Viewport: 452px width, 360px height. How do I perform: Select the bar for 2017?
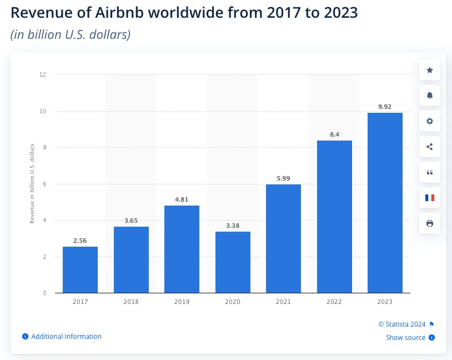[80, 269]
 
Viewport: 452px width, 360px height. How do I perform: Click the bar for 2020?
[233, 262]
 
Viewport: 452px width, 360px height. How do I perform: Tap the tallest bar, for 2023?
[385, 203]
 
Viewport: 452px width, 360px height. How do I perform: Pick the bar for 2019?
[182, 249]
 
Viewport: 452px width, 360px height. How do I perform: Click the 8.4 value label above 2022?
[334, 133]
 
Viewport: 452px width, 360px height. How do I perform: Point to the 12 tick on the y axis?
[43, 74]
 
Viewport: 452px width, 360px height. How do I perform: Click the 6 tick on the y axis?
[44, 184]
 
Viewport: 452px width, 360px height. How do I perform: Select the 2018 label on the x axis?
[131, 302]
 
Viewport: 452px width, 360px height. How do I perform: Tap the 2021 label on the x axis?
[283, 302]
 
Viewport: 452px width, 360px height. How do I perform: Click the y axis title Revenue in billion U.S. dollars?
[32, 183]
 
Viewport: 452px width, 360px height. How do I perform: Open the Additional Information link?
[66, 337]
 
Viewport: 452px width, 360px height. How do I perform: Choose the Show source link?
[406, 338]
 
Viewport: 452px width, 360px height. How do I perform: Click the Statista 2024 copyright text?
[402, 324]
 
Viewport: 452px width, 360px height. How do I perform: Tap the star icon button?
[429, 71]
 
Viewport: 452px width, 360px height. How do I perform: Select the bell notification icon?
[429, 96]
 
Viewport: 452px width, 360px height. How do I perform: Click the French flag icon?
[429, 198]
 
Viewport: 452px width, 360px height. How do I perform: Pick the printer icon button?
[429, 223]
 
